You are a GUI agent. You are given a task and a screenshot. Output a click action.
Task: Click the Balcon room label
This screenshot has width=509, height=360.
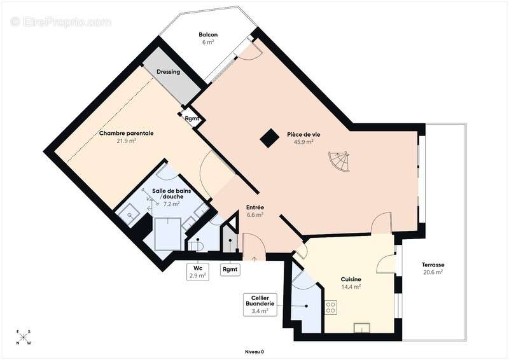point(208,34)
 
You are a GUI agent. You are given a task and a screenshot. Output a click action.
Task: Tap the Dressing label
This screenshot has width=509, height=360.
point(168,72)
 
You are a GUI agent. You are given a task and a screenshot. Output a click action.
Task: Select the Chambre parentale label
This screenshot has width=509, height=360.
point(126,134)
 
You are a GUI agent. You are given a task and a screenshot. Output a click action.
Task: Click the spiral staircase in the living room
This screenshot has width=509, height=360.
point(338,162)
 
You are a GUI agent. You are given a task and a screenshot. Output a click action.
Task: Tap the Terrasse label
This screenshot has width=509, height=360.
point(432,265)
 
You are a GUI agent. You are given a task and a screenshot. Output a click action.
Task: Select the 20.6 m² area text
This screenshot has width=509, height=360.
point(432,272)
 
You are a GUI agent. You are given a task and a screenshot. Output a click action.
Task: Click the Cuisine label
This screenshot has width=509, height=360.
point(351,279)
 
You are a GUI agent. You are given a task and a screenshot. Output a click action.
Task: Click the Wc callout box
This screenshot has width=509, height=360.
point(198,272)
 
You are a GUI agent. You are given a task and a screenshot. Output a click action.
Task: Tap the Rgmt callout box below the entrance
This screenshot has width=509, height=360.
point(230,269)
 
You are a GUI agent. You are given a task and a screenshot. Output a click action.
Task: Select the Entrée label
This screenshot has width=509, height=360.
point(255,207)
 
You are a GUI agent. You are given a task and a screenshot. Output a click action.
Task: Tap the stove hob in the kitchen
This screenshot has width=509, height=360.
point(331,307)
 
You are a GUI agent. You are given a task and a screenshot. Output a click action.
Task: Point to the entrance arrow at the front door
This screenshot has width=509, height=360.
point(254,258)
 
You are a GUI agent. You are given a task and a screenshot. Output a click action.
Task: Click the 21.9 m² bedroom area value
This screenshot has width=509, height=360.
point(126,141)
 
